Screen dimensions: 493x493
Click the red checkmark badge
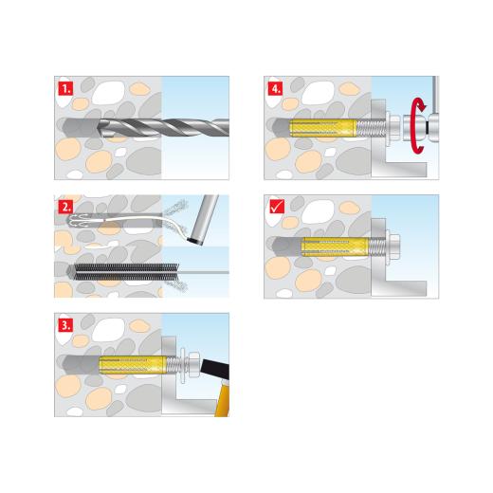pos(274,204)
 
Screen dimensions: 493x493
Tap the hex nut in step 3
pos(188,362)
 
